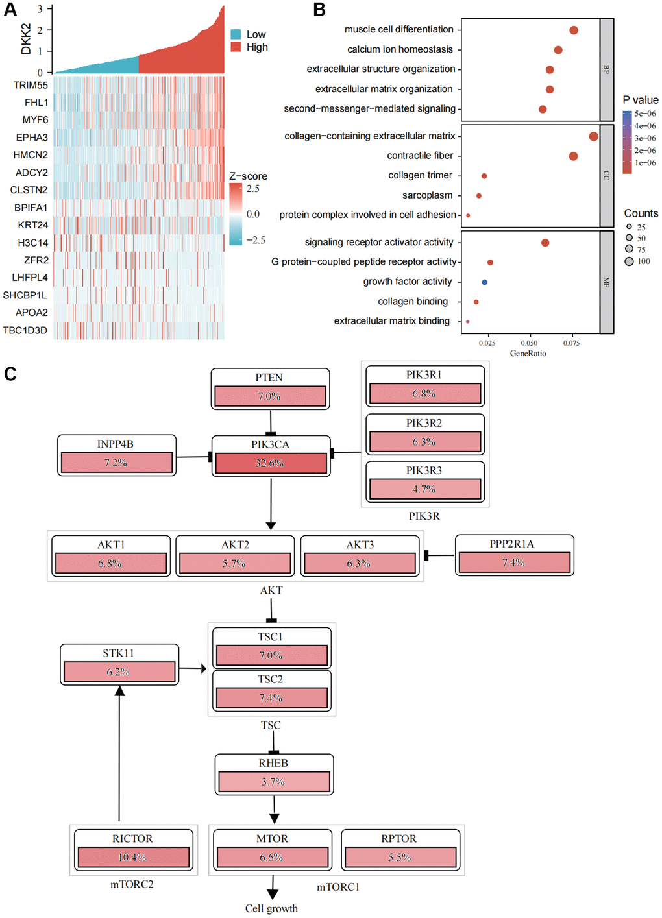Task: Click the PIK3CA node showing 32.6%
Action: (x=270, y=455)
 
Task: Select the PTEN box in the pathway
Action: (x=270, y=389)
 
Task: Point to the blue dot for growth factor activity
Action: (x=485, y=282)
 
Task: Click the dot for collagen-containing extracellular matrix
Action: (x=593, y=136)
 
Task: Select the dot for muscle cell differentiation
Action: (x=574, y=30)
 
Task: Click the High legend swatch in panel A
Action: (x=236, y=47)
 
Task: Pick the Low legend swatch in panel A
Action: (x=236, y=34)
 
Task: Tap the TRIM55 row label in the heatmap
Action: (x=31, y=85)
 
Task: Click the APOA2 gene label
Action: (x=32, y=313)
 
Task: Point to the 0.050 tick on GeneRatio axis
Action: (x=529, y=343)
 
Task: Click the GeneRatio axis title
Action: (x=528, y=354)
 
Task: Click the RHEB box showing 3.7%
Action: (x=274, y=774)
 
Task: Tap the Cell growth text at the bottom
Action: (x=271, y=908)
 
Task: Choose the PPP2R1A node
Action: (x=514, y=555)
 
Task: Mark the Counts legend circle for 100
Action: (x=629, y=261)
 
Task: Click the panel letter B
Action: (x=319, y=10)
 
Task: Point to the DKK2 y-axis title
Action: (x=26, y=39)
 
